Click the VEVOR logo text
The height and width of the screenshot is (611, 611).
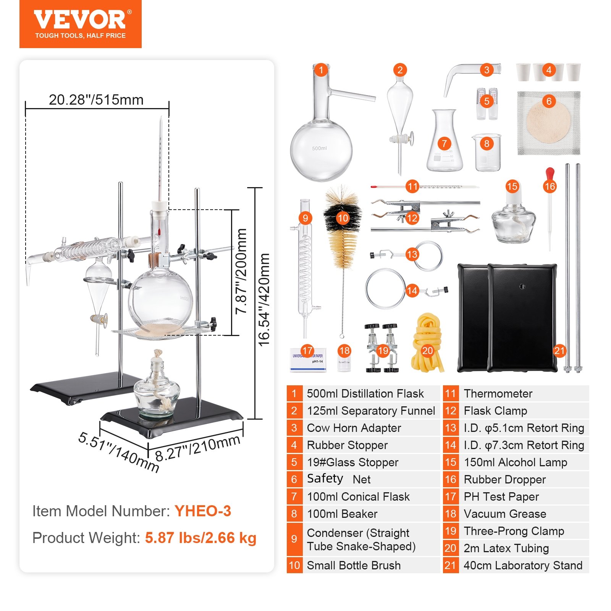[x=80, y=20]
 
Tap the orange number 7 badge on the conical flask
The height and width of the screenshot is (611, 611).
[x=444, y=144]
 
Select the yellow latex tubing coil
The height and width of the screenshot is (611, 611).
[x=428, y=344]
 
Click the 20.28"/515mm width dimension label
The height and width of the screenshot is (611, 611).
[x=96, y=100]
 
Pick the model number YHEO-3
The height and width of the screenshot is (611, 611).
[x=203, y=511]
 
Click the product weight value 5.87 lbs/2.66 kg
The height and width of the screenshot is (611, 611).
[x=200, y=538]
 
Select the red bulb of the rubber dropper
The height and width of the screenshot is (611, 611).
[x=550, y=173]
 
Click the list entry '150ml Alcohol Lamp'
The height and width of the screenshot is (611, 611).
[x=515, y=462]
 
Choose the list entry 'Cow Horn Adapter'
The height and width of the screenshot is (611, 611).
[x=354, y=428]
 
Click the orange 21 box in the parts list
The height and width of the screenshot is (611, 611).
[x=451, y=565]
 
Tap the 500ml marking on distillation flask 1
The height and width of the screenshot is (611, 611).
[x=319, y=148]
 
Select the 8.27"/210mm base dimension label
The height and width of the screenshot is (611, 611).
[x=198, y=448]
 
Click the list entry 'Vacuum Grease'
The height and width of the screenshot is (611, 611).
[x=505, y=514]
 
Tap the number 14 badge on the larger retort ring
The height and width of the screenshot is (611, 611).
[x=412, y=291]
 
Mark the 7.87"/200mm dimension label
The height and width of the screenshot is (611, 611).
[x=241, y=271]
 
